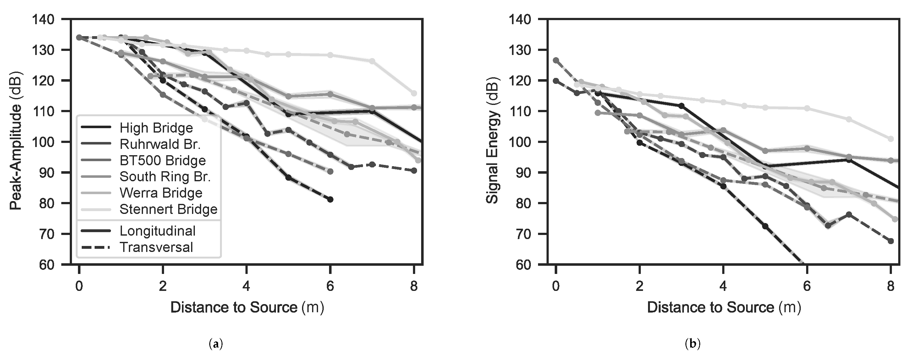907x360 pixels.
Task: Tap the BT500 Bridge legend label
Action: point(162,161)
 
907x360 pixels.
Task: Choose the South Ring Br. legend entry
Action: point(165,177)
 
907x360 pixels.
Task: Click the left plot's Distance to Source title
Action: point(247,308)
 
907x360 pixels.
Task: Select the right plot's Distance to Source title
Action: point(723,308)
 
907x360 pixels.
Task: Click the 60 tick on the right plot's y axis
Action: point(524,265)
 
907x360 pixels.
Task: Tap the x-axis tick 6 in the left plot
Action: point(330,286)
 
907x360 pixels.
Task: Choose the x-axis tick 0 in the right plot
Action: point(556,286)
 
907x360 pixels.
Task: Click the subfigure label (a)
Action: point(216,343)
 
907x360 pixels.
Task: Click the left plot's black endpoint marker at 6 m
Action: point(330,199)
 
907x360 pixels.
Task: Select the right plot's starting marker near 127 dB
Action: point(556,60)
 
